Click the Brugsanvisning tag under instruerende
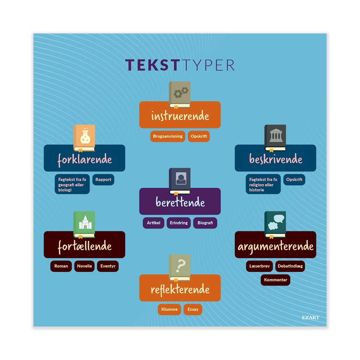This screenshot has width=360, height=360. [168, 136]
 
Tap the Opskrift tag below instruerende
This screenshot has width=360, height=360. [199, 136]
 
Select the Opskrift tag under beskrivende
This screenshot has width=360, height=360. [294, 180]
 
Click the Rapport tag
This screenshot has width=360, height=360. [103, 180]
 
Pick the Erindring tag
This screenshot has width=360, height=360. [179, 223]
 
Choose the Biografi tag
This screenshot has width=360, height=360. [205, 223]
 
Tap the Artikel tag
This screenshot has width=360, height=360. [153, 223]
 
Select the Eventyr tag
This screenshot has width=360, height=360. [108, 266]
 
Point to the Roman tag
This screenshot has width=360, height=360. [61, 266]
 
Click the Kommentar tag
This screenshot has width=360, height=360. [275, 280]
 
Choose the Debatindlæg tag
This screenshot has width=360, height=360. [290, 266]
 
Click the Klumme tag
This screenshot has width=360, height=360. [169, 310]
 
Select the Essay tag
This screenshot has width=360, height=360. [193, 310]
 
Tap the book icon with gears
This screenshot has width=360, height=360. [180, 95]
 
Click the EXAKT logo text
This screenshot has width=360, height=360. [310, 318]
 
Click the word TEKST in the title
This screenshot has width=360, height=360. [152, 65]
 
